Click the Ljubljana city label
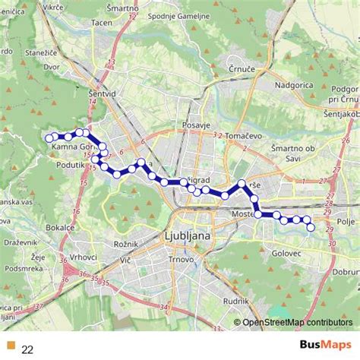click(187, 237)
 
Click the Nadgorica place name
click(293, 85)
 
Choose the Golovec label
click(286, 251)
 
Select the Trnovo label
click(182, 260)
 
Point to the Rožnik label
click(124, 244)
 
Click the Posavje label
click(196, 125)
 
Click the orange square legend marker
click(9, 348)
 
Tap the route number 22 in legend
click(27, 349)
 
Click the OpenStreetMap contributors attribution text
click(298, 323)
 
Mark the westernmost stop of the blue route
click(49, 138)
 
